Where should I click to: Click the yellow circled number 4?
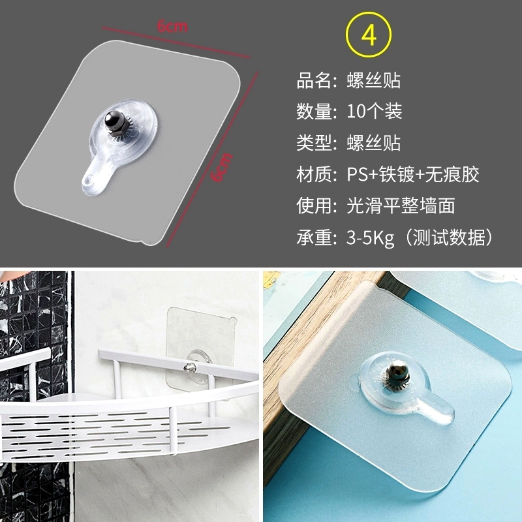pyautogui.click(x=369, y=35)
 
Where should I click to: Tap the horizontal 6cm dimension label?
pyautogui.click(x=172, y=26)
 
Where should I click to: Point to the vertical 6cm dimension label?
pyautogui.click(x=223, y=168)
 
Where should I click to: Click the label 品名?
pyautogui.click(x=313, y=80)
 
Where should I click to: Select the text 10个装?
pyautogui.click(x=375, y=111)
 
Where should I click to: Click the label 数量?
pyautogui.click(x=313, y=112)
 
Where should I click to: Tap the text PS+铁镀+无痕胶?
pyautogui.click(x=413, y=174)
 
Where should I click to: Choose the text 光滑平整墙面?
pyautogui.click(x=401, y=206)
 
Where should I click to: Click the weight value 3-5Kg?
pyautogui.click(x=370, y=238)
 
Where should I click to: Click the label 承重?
pyautogui.click(x=313, y=238)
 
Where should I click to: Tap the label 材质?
pyautogui.click(x=313, y=174)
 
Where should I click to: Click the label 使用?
pyautogui.click(x=313, y=206)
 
